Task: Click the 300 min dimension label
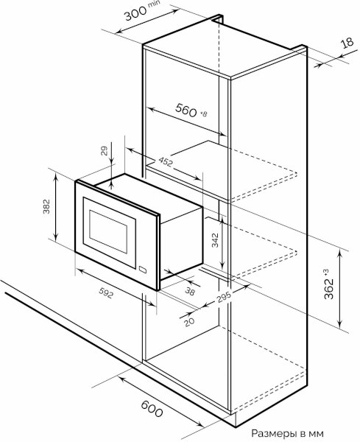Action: click(x=141, y=11)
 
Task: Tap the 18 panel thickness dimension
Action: click(x=347, y=42)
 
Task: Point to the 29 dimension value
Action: click(x=104, y=150)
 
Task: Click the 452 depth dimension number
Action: click(x=166, y=161)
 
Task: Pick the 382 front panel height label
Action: click(x=46, y=206)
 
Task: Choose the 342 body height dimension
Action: click(x=215, y=240)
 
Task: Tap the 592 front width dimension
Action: click(x=106, y=292)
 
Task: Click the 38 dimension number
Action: click(x=190, y=291)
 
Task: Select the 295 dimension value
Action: click(x=224, y=296)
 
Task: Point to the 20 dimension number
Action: click(x=189, y=322)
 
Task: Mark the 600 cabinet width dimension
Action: click(x=152, y=409)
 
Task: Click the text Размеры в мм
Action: click(x=287, y=433)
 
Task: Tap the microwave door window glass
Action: click(x=108, y=231)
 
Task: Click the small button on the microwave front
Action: click(x=143, y=269)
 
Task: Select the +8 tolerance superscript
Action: click(x=203, y=114)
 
